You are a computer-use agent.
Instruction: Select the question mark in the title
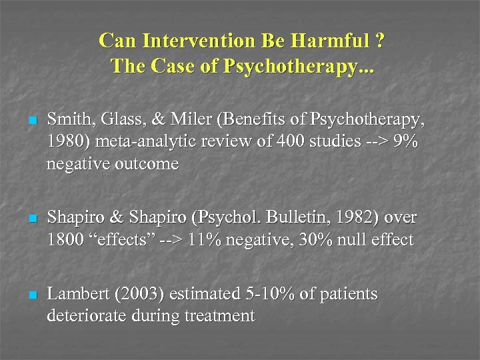pos(379,42)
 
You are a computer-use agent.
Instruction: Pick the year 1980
pos(63,143)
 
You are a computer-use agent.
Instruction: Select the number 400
pos(259,143)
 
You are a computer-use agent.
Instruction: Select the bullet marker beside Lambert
pos(31,295)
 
